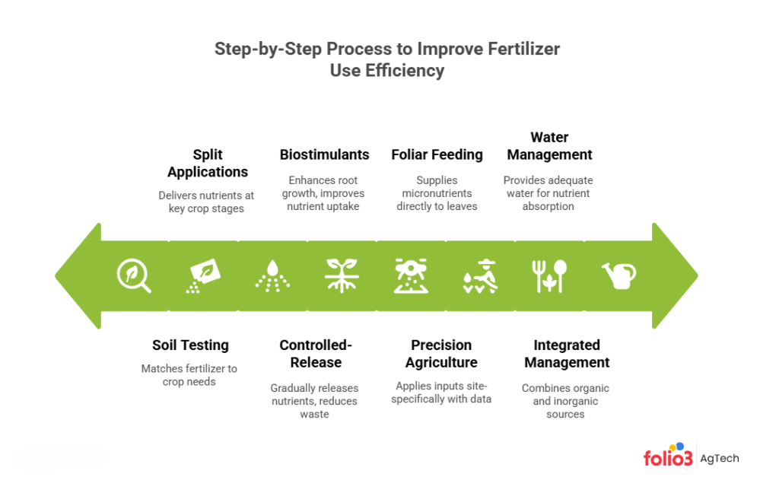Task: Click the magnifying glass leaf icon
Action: pyautogui.click(x=133, y=275)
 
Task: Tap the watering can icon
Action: pyautogui.click(x=618, y=275)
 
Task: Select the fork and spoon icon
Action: pyautogui.click(x=549, y=275)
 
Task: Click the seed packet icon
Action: pyautogui.click(x=202, y=275)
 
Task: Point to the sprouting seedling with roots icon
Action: pyautogui.click(x=342, y=275)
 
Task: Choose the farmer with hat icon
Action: pyautogui.click(x=480, y=275)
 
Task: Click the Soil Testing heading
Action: pyautogui.click(x=190, y=345)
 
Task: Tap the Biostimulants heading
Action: pyautogui.click(x=324, y=154)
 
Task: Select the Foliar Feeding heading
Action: pyautogui.click(x=437, y=154)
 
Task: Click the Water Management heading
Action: pyautogui.click(x=549, y=146)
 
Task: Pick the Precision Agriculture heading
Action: pyautogui.click(x=441, y=354)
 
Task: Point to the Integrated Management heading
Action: pyautogui.click(x=567, y=354)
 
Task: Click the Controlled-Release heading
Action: pyautogui.click(x=316, y=354)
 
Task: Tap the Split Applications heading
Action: pyautogui.click(x=208, y=163)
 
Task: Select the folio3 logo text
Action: pyautogui.click(x=668, y=458)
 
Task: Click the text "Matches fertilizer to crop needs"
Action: pyautogui.click(x=189, y=375)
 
